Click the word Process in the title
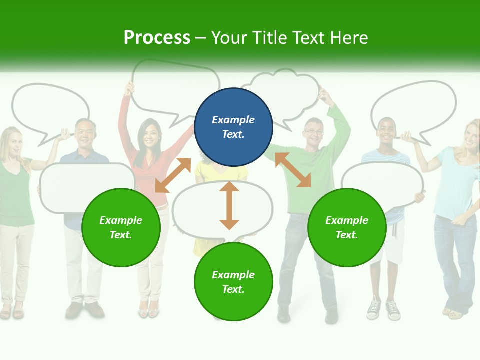[157, 38]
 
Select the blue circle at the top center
[233, 127]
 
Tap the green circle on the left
[121, 227]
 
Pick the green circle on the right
[347, 227]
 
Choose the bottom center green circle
[233, 282]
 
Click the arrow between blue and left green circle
[173, 175]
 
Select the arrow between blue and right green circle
[293, 170]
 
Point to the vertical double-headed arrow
[229, 205]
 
